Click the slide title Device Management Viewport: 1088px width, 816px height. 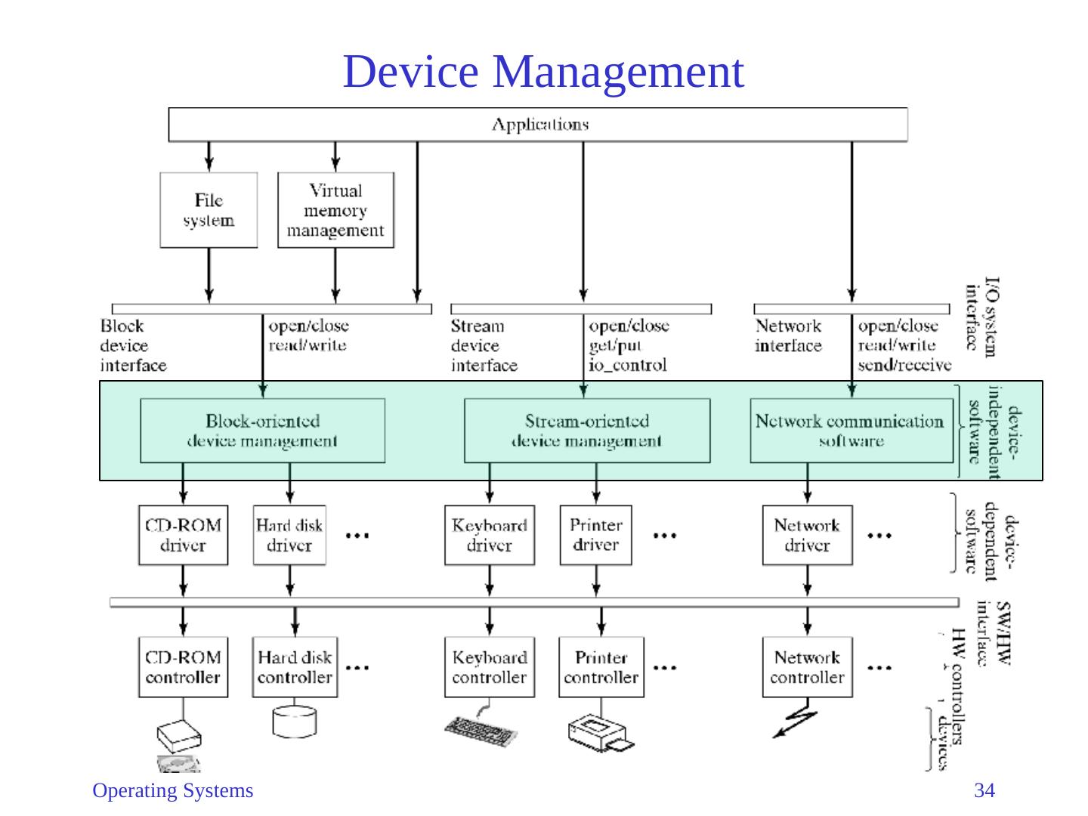point(543,72)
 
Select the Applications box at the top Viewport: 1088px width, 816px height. point(538,125)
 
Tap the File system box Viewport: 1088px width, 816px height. point(209,210)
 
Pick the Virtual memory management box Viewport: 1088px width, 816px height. point(335,210)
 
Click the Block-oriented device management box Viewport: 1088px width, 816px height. point(262,431)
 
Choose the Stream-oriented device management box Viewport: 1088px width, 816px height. point(586,431)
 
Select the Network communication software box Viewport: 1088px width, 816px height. point(851,431)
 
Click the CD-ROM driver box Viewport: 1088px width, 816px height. point(183,535)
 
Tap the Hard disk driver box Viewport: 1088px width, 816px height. point(289,535)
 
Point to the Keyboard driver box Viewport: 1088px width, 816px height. point(489,535)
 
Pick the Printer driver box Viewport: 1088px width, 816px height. point(595,535)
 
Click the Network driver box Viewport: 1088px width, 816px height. point(807,535)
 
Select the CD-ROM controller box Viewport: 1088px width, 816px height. point(183,667)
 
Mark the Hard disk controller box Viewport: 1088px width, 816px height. point(295,667)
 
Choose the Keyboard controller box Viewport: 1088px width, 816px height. point(489,667)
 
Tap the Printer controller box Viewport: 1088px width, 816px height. point(601,667)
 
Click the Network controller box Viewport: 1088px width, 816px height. point(807,667)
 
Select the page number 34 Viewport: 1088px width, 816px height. point(984,791)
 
